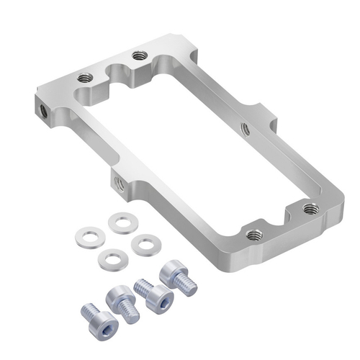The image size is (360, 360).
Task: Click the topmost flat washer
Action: click(x=120, y=222)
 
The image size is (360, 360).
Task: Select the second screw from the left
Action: click(x=121, y=299)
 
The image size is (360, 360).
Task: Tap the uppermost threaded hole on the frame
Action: click(x=138, y=55)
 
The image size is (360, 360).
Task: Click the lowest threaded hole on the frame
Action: click(x=253, y=235)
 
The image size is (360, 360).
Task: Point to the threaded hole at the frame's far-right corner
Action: click(x=310, y=208)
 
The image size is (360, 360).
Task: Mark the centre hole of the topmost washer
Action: click(x=120, y=222)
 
